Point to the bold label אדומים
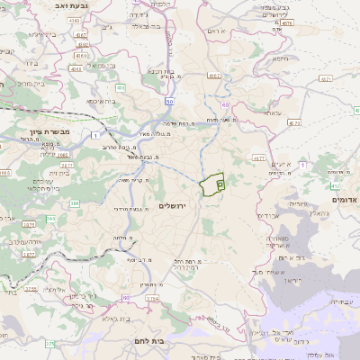345,199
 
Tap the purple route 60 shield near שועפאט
222,105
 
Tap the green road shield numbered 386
75,205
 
